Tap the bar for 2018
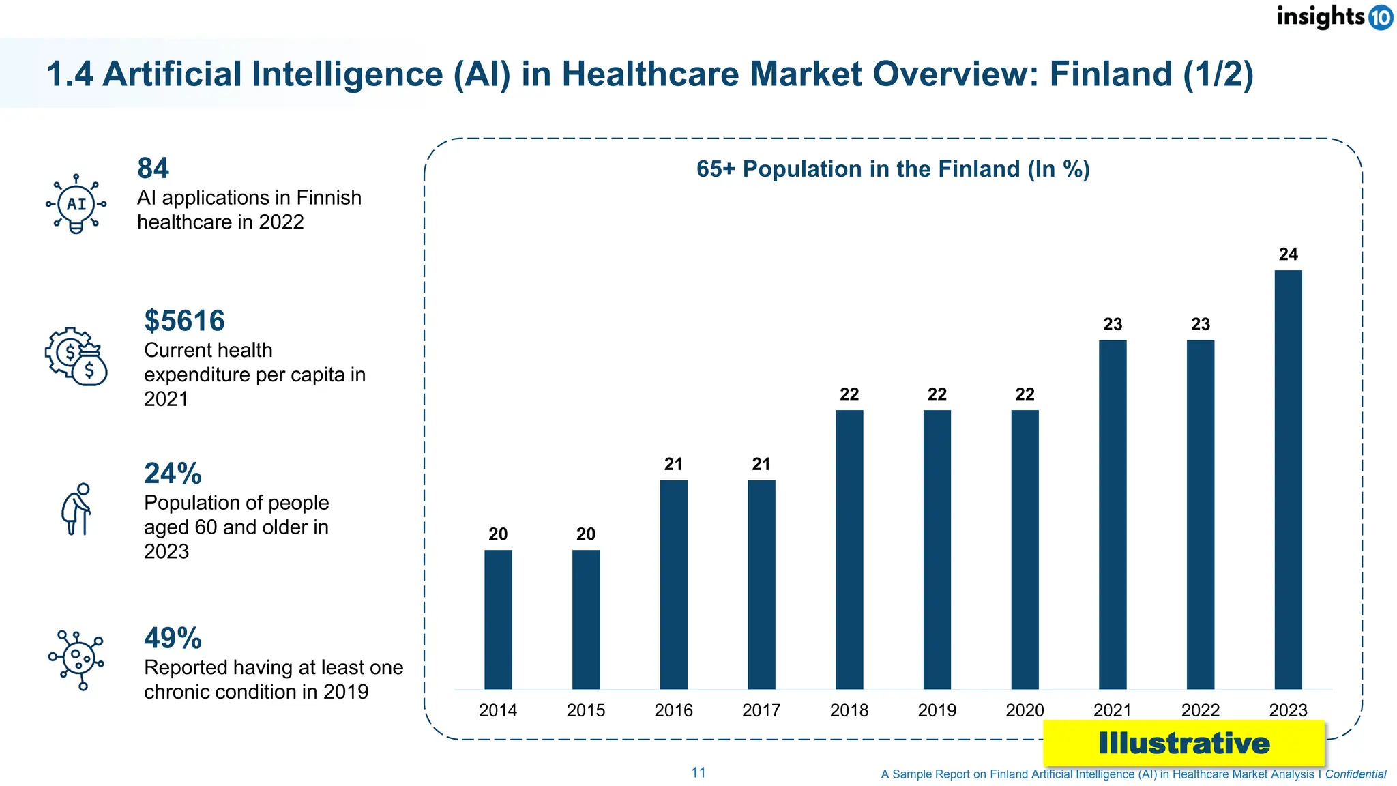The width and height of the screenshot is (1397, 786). point(849,549)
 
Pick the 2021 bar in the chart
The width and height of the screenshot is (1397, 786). point(1113,514)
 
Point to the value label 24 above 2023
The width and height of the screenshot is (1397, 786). point(1288,254)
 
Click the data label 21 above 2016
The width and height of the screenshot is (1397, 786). point(673,465)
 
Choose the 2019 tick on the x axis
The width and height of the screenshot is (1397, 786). point(937,710)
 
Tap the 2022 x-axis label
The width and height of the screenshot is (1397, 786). point(1200,710)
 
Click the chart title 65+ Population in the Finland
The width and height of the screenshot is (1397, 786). point(893,169)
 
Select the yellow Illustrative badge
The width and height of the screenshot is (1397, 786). point(1183,743)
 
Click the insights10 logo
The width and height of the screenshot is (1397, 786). point(1334,16)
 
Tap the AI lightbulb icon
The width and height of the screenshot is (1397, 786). point(76,204)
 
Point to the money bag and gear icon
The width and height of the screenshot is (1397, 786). point(76,357)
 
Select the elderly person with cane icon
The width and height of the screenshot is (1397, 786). point(76,509)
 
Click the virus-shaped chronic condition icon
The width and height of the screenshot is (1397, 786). point(76,660)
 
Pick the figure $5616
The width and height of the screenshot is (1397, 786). point(184,321)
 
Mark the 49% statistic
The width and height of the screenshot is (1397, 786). point(173,639)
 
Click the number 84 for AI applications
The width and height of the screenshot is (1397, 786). point(153,169)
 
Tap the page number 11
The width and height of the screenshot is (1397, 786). point(698,772)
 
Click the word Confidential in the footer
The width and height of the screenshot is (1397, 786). point(1355,774)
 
